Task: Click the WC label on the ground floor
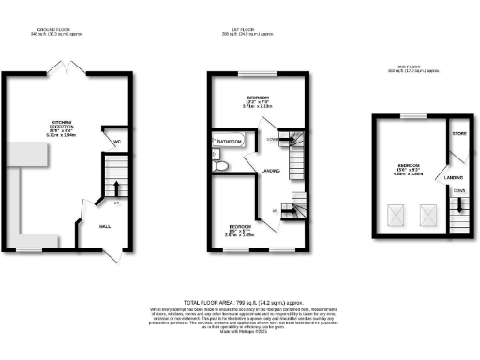point(118,143)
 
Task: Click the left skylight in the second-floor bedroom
point(397,216)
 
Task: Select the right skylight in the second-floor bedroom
point(428,216)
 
